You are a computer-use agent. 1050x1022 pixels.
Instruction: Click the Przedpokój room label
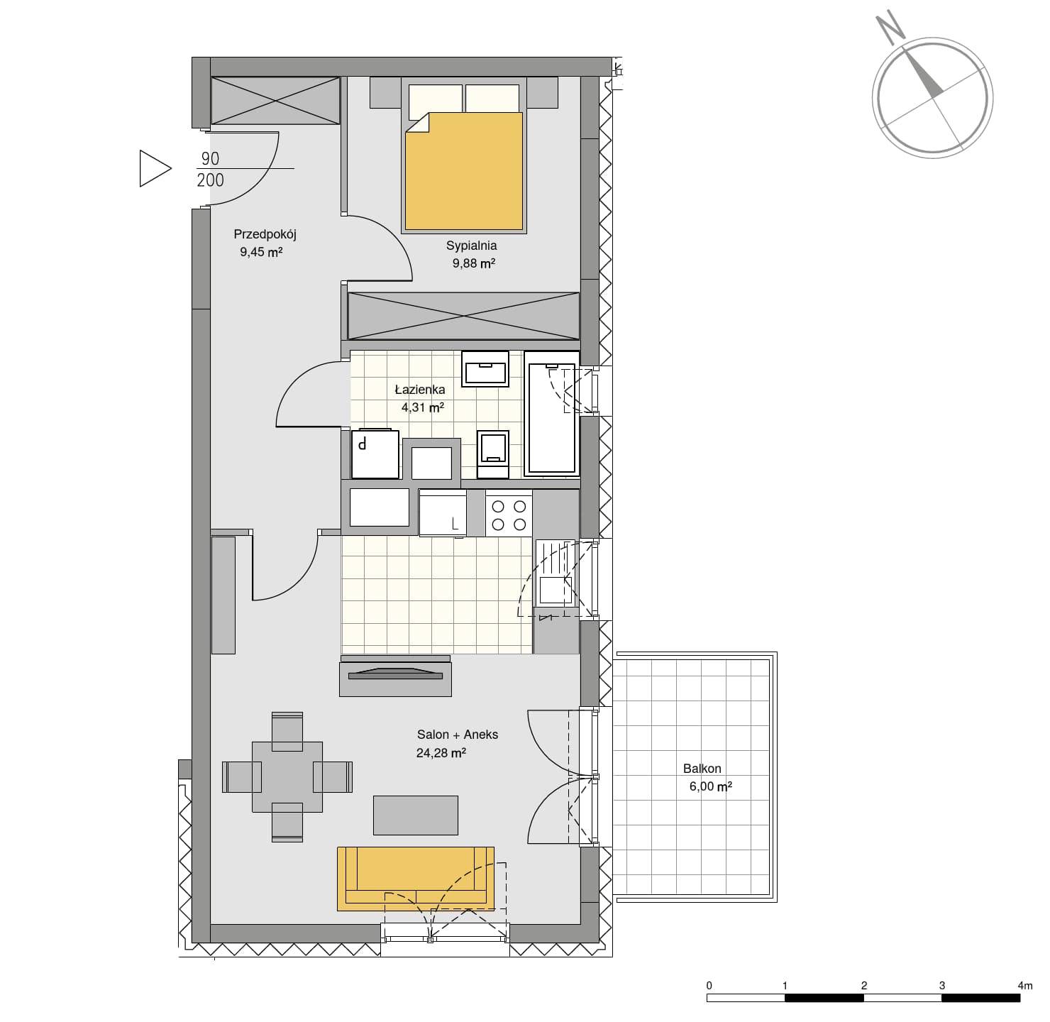click(x=265, y=235)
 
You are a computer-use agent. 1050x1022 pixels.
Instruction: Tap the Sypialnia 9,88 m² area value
click(x=474, y=263)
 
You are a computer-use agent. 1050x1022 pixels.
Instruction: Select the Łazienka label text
click(x=420, y=389)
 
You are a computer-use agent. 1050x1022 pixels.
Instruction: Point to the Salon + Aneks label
click(x=458, y=735)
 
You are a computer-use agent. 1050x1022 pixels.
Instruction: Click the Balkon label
click(x=702, y=768)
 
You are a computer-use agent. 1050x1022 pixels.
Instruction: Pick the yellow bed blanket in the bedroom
click(x=464, y=171)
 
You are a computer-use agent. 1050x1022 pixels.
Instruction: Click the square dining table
click(x=287, y=777)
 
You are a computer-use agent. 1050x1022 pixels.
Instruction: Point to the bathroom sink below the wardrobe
click(x=485, y=369)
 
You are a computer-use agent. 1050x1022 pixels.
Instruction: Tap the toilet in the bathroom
click(x=492, y=454)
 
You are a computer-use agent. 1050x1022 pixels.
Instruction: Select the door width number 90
click(x=211, y=159)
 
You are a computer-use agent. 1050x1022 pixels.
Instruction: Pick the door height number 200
click(x=211, y=180)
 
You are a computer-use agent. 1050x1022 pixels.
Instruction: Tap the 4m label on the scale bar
click(x=1024, y=985)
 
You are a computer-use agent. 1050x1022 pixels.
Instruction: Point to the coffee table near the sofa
click(x=416, y=815)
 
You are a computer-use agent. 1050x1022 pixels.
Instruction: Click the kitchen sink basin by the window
click(x=556, y=590)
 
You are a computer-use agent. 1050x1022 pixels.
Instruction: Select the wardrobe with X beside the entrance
click(x=275, y=100)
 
